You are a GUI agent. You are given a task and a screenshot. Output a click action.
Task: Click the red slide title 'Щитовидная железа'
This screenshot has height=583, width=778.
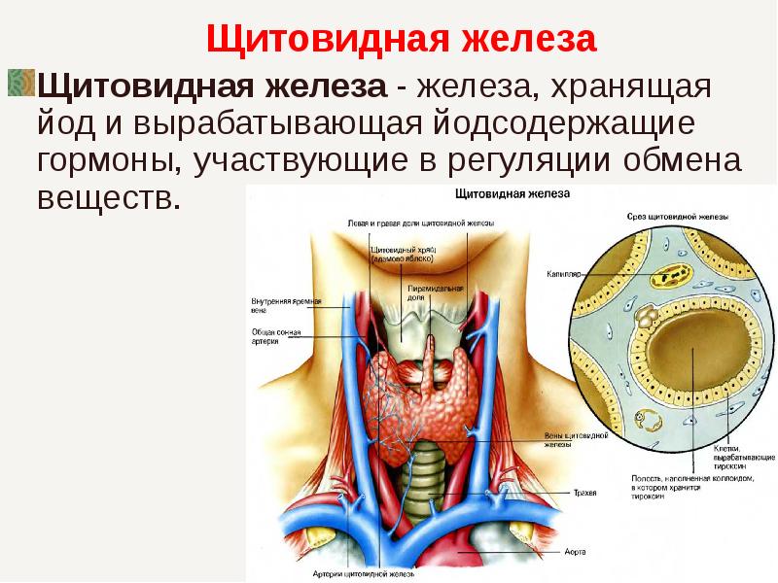[401, 41]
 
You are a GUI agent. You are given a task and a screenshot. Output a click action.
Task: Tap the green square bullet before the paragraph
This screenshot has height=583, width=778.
[20, 85]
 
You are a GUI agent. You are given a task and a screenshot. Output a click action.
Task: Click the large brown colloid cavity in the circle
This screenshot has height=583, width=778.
[691, 369]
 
